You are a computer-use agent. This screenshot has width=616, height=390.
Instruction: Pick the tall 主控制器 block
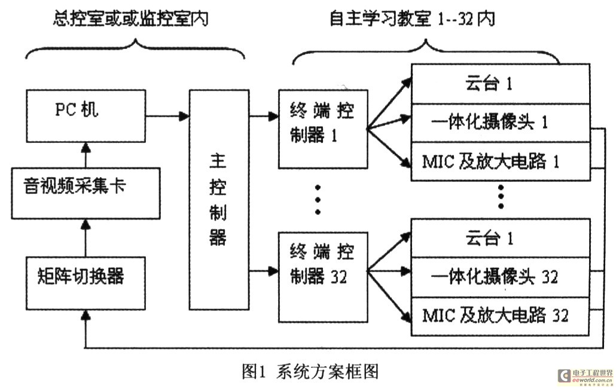pyautogui.click(x=218, y=199)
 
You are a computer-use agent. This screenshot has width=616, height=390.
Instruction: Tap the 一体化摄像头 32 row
pyautogui.click(x=499, y=277)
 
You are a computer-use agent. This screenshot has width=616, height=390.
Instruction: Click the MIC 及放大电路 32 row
pyautogui.click(x=499, y=315)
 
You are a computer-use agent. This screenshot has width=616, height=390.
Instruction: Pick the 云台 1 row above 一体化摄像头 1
pyautogui.click(x=499, y=84)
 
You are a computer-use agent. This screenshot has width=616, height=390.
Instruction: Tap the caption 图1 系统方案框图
pyautogui.click(x=309, y=371)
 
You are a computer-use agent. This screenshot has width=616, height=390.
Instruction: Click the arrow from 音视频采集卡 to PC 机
pyautogui.click(x=86, y=156)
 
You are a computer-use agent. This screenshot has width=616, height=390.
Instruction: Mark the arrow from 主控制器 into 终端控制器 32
pyautogui.click(x=263, y=272)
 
